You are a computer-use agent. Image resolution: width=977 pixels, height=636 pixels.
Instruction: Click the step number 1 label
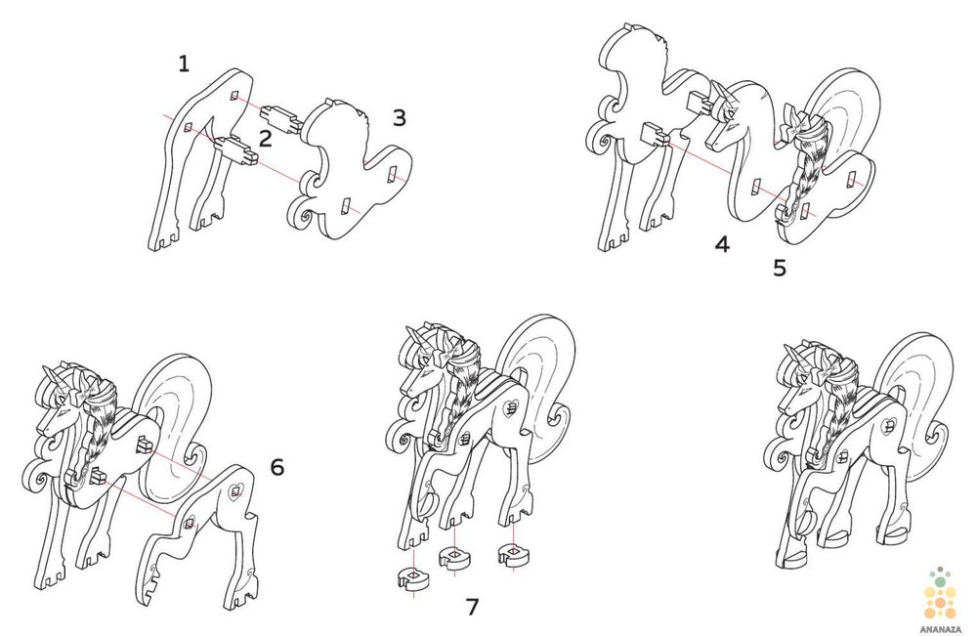point(184,64)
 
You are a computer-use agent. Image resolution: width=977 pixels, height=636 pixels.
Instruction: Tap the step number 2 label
point(266,139)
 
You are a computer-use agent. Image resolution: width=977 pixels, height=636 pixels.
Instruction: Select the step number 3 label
point(400,117)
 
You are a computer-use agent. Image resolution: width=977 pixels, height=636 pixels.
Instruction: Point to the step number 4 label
point(722,244)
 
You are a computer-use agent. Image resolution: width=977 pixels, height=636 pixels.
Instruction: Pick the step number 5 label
point(780,268)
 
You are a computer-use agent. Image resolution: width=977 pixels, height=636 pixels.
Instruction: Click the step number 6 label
point(277,467)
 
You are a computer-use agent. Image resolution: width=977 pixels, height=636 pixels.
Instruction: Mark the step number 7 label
point(473,606)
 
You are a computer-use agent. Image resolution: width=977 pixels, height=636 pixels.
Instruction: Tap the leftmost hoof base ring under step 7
point(413,578)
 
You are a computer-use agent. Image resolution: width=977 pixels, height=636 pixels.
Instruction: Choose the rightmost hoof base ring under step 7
point(514,553)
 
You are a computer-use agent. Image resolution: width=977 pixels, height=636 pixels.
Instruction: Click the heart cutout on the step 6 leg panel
point(235,492)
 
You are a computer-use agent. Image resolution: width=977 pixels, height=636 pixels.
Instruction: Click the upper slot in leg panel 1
point(234,96)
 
